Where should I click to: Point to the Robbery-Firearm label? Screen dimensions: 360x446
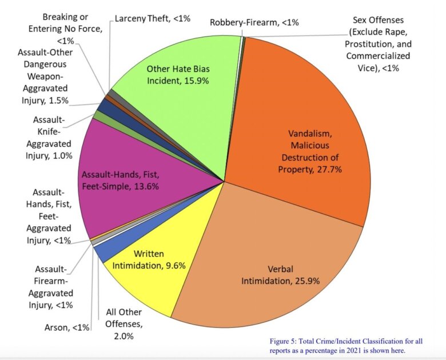[x=254, y=23]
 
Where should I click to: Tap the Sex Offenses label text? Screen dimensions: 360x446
[x=378, y=44]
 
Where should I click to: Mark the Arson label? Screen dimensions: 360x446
[x=67, y=327]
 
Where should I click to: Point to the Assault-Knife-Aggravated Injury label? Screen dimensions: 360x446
[x=49, y=137]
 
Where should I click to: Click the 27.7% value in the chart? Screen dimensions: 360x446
[x=342, y=169]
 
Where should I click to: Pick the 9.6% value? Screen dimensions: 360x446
[x=176, y=265]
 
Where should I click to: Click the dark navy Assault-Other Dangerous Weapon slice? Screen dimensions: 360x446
[x=105, y=105]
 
